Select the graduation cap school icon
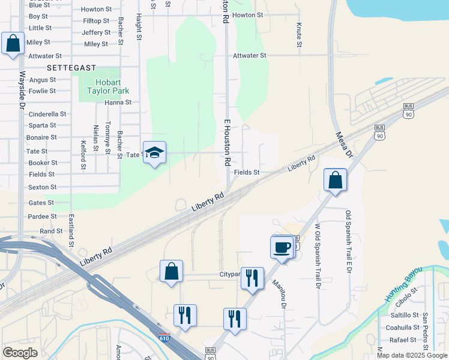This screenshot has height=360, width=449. (x=154, y=153)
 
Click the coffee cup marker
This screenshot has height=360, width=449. (x=281, y=247)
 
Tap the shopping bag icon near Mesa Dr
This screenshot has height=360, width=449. (x=335, y=180)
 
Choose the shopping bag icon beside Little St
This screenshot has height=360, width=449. (x=13, y=44)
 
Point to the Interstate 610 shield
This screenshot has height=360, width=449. (x=164, y=338)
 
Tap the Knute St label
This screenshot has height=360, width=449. (x=298, y=35)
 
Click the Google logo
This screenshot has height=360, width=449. (x=20, y=353)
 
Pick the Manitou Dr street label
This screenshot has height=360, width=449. (x=280, y=293)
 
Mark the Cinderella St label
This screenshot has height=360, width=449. (x=47, y=114)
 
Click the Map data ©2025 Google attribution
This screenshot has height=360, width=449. (x=412, y=355)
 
